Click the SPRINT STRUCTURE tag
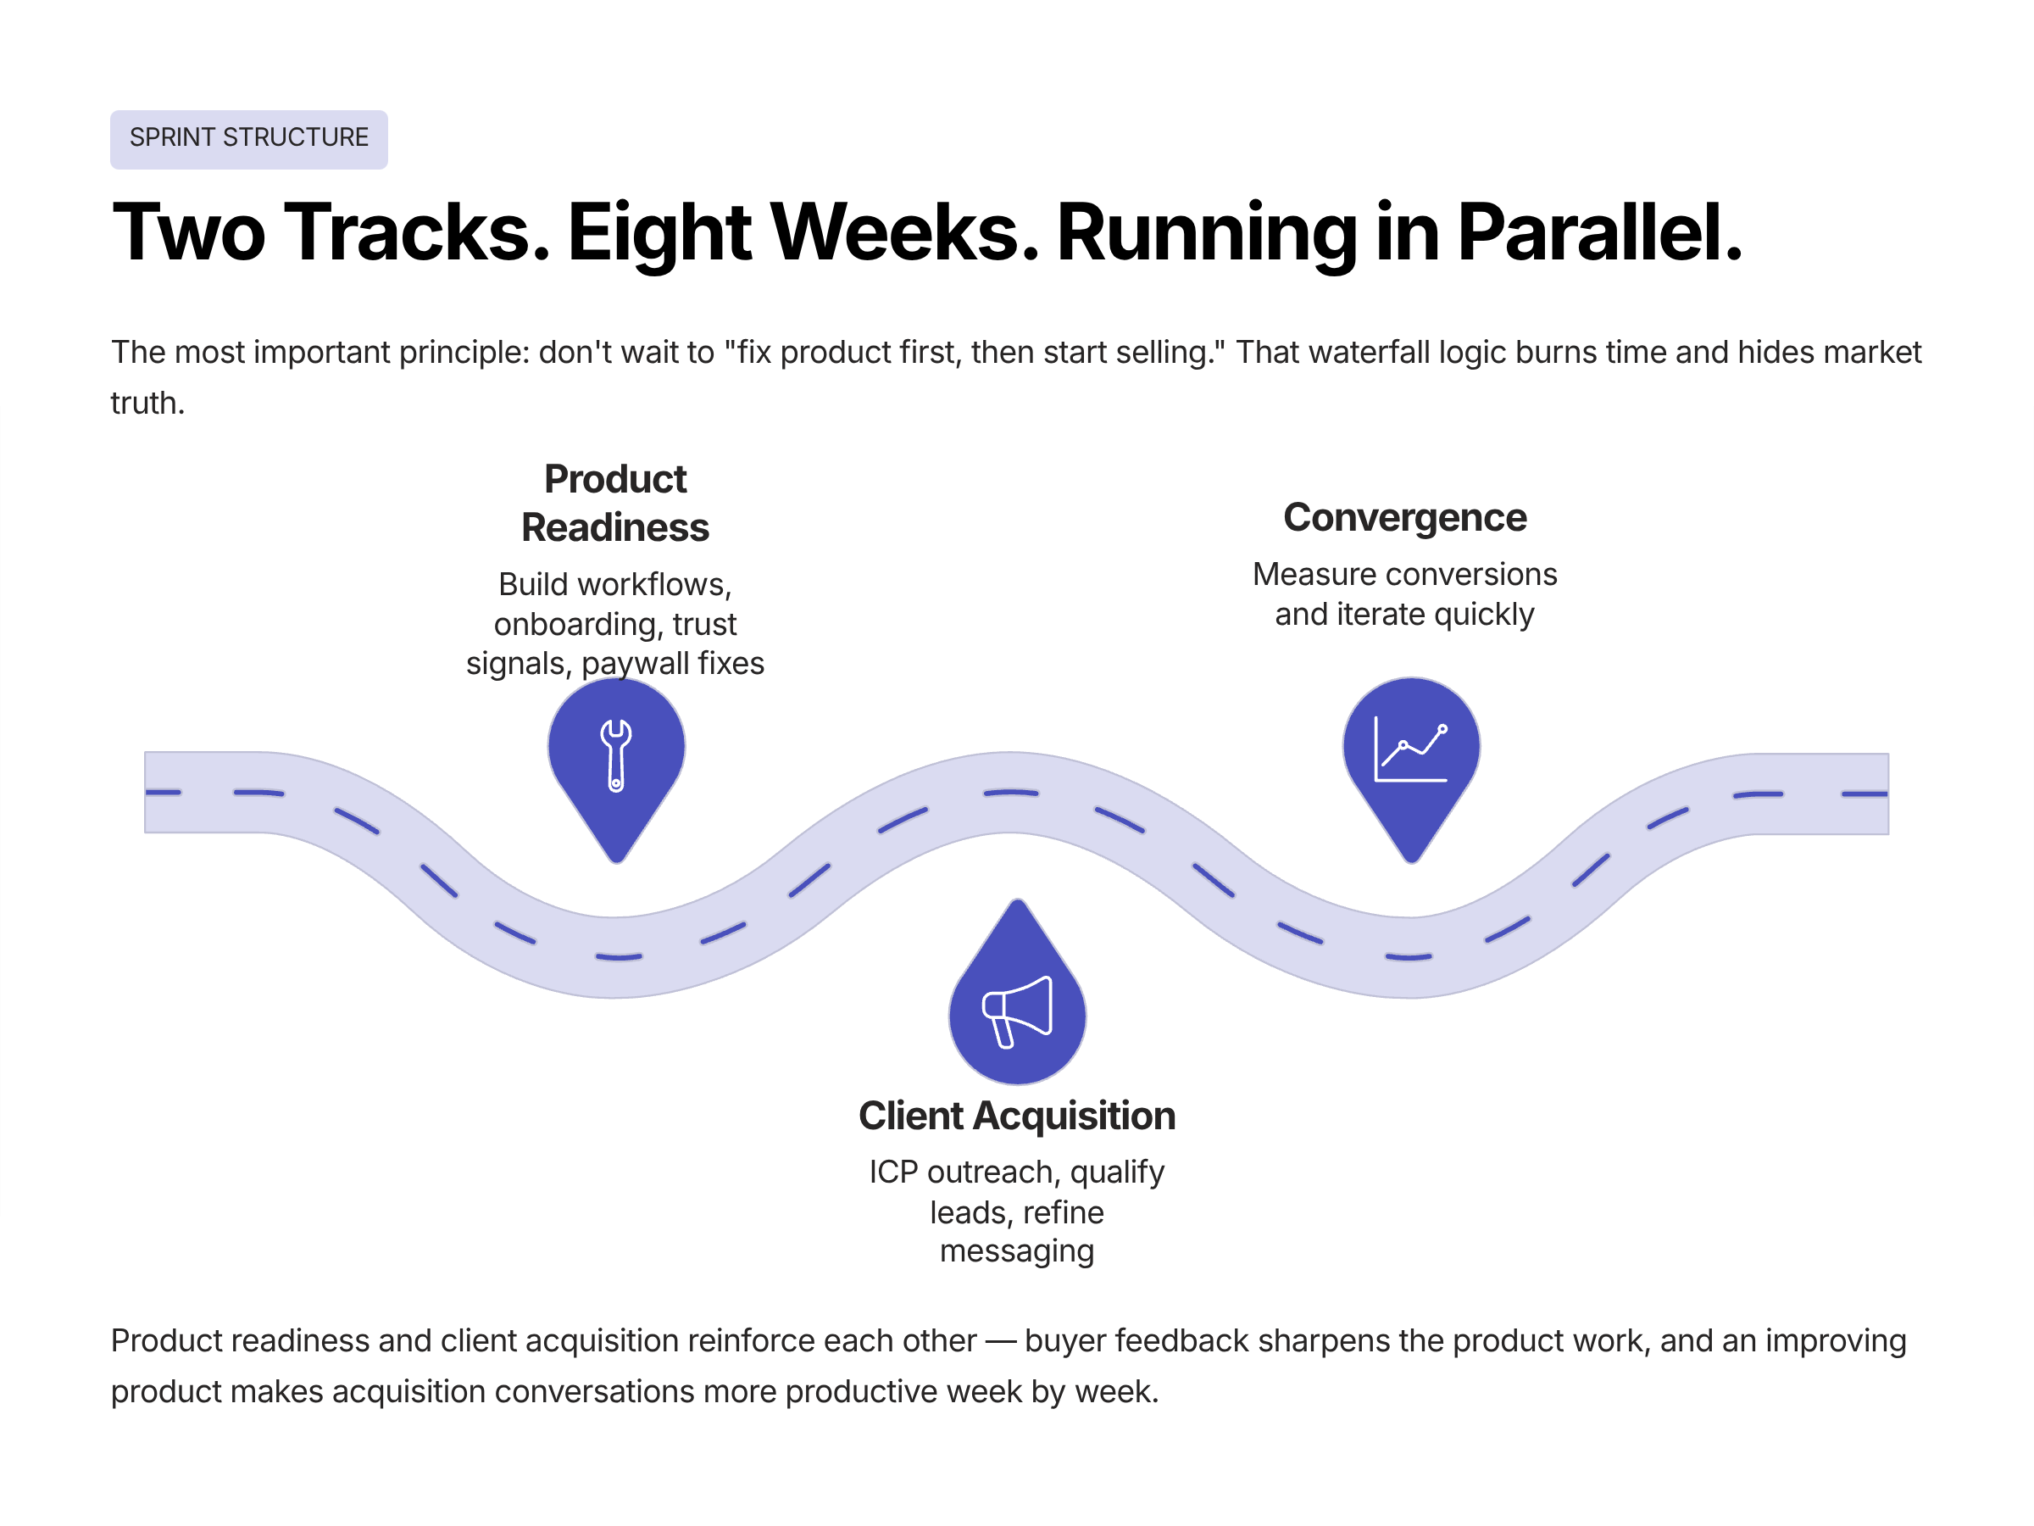248,139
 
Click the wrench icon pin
616,755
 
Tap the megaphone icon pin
1017,1011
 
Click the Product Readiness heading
615,503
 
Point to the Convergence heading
1404,518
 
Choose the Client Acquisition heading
1017,1116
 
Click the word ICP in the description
894,1172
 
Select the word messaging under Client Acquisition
1017,1252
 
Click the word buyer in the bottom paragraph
1064,1341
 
